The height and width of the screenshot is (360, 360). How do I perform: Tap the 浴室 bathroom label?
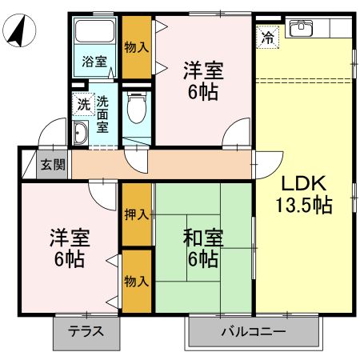point(95,62)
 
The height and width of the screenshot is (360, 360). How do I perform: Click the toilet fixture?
point(136,106)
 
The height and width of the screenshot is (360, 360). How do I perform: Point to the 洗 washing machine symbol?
point(83,103)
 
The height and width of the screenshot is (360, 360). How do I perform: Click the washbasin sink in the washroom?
point(81,133)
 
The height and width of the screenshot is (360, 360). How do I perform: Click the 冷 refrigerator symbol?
point(268,35)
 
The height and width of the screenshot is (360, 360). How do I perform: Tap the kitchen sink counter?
point(302,29)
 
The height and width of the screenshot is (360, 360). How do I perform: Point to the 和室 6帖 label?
point(203,248)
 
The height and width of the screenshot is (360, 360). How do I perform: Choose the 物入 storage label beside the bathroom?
point(136,46)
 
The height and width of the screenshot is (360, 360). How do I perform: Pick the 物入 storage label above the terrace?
point(137,282)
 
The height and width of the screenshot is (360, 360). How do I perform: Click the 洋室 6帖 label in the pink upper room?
point(202,80)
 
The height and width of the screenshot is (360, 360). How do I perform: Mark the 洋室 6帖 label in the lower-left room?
point(70,248)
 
